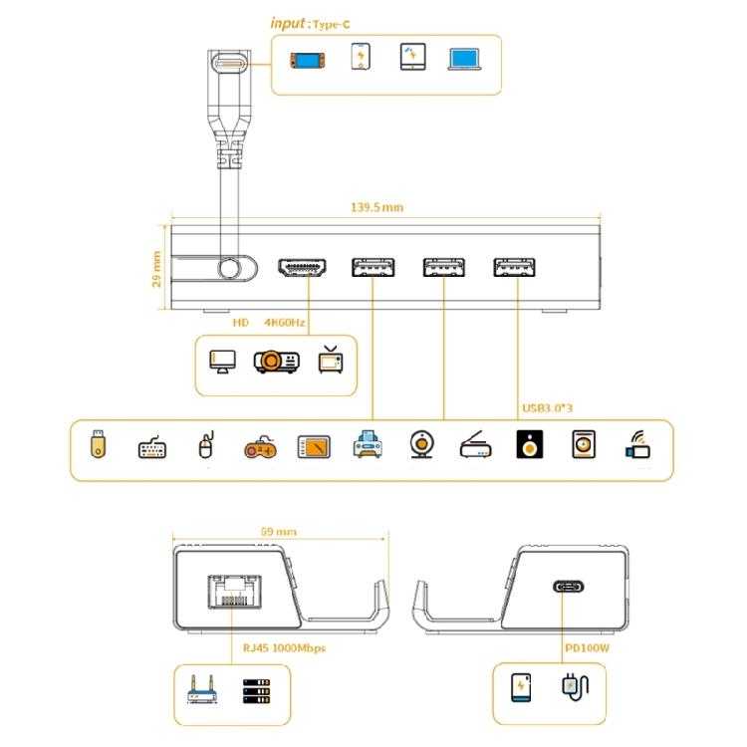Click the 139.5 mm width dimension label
pos(376,207)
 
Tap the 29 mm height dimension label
pos(156,269)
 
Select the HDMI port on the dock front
pos(302,267)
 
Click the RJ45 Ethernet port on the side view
pos(234,592)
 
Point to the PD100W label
pos(587,648)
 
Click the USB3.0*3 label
pos(548,408)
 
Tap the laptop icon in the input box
pos(464,59)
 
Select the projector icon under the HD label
pos(277,362)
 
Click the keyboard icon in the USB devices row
pos(152,447)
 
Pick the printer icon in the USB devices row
pos(368,444)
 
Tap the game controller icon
pos(260,447)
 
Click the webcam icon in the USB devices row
pos(421,444)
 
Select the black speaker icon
pos(529,444)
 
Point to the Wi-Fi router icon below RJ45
pos(202,689)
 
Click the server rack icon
pos(256,691)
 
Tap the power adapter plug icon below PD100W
pos(576,687)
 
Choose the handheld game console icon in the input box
pos(308,61)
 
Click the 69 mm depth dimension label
pos(279,532)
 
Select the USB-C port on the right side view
pos(568,587)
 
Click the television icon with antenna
pos(331,361)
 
